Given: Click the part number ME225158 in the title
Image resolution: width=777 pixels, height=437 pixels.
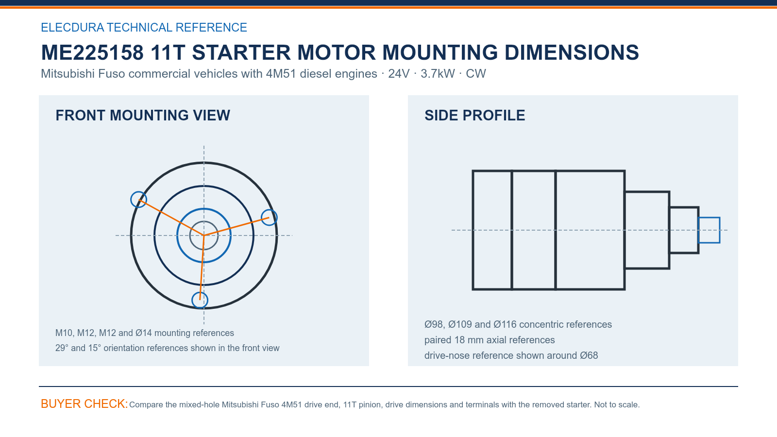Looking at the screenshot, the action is [92, 52].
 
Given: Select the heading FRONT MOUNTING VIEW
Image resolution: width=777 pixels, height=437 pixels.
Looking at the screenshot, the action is [143, 116].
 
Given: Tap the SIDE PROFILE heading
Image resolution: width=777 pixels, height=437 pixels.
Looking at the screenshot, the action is [474, 116].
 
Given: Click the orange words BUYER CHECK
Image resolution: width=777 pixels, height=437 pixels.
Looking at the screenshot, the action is [84, 403].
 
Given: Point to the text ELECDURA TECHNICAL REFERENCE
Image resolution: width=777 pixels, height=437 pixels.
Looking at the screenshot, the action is [144, 27].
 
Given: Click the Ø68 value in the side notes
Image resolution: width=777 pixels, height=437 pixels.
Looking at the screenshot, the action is [589, 355].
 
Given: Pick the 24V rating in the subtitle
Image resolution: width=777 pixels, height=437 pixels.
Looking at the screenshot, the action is [399, 73].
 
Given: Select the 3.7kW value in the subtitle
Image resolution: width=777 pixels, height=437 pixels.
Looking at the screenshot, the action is [438, 73].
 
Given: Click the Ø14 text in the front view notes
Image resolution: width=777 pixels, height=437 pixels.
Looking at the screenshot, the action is [144, 333].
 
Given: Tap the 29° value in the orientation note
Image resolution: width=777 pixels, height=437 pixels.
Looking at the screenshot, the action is [62, 348].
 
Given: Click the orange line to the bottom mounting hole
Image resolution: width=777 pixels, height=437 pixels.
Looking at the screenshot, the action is [202, 268].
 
